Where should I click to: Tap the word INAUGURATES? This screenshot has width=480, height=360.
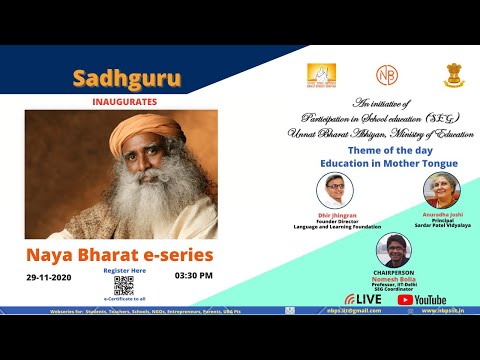point(120,99)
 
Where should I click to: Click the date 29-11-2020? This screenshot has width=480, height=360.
point(48,275)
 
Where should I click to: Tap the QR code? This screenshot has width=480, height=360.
point(123,287)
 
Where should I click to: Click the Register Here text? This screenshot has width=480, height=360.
point(123,271)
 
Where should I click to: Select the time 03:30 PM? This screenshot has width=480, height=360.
point(193,275)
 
